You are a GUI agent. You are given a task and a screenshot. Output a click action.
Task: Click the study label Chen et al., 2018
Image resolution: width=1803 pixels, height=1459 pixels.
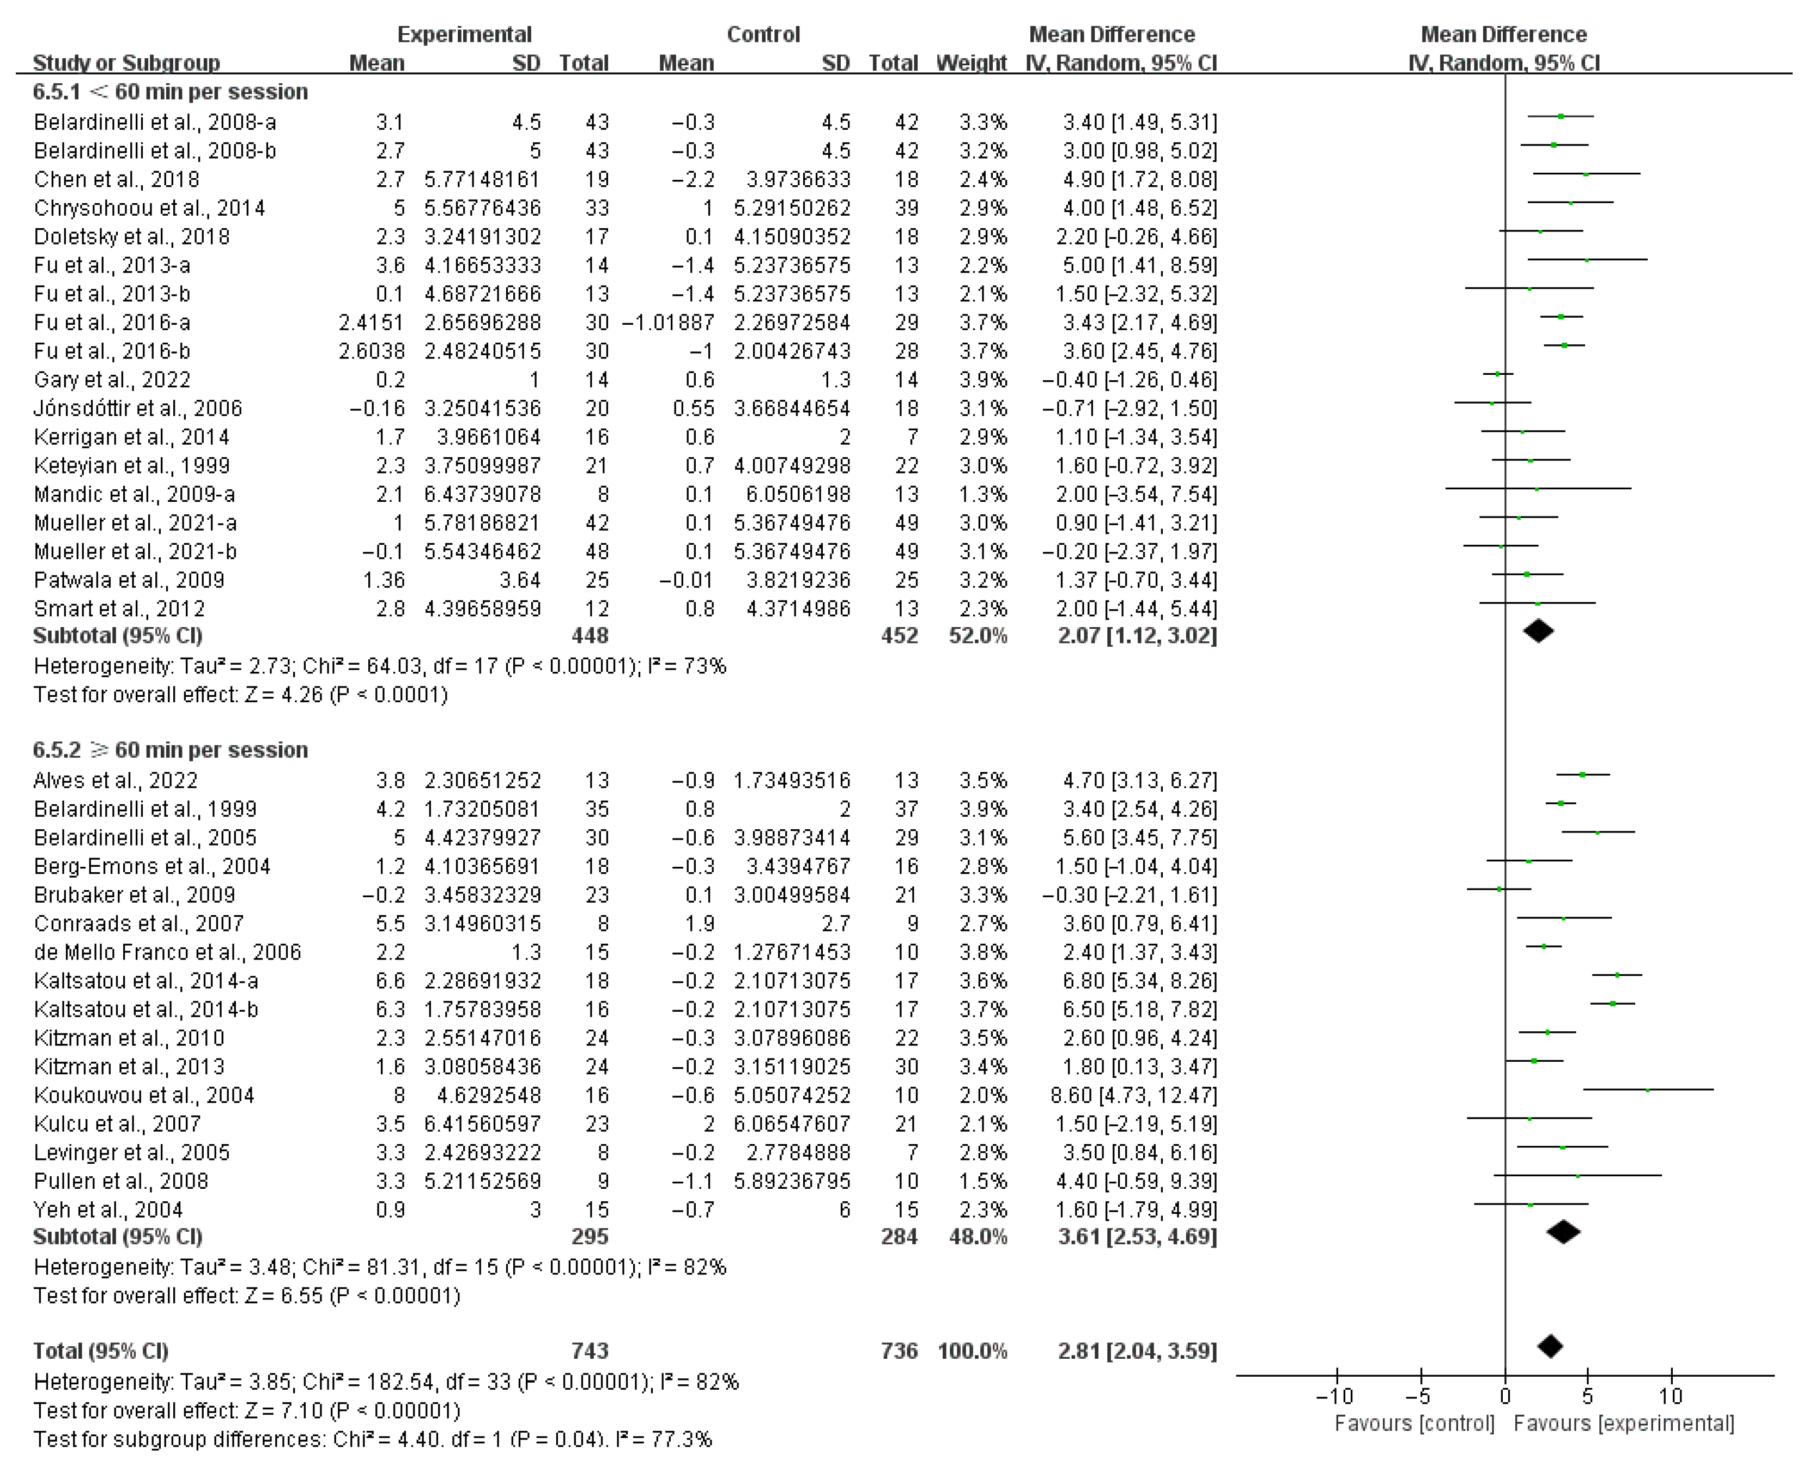click(116, 180)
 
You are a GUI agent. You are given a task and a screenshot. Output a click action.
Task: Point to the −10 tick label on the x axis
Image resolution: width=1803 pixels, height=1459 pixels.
click(1335, 1396)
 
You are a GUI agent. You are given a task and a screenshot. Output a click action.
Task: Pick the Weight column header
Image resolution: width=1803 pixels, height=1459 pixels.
click(971, 63)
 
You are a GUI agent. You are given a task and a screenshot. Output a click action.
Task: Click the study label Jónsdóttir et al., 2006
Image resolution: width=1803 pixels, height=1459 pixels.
click(138, 409)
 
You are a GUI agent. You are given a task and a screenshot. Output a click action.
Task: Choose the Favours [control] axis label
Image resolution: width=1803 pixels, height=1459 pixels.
click(1415, 1423)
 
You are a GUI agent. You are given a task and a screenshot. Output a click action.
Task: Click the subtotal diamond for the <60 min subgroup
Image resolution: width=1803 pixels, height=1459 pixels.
click(1538, 631)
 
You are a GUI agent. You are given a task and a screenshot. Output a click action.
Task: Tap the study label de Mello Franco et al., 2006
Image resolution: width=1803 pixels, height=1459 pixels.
click(167, 952)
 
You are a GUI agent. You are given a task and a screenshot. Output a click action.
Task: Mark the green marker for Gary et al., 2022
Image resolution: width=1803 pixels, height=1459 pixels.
click(1498, 374)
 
